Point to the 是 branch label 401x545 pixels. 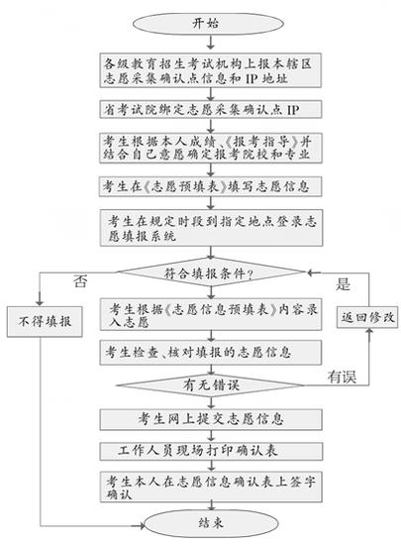[344, 283]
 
